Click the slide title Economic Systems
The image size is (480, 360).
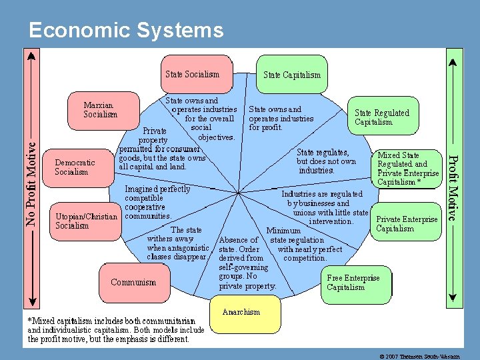pos(127,30)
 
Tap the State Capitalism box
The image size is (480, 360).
pos(291,75)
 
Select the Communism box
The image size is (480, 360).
pos(133,282)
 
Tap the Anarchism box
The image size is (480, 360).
pos(241,312)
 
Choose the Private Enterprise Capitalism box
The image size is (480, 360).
pos(407,224)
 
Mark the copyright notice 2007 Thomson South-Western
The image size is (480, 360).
pos(419,356)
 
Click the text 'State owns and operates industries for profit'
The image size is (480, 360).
pos(281,118)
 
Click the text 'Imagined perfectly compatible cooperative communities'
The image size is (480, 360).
pos(157,202)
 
